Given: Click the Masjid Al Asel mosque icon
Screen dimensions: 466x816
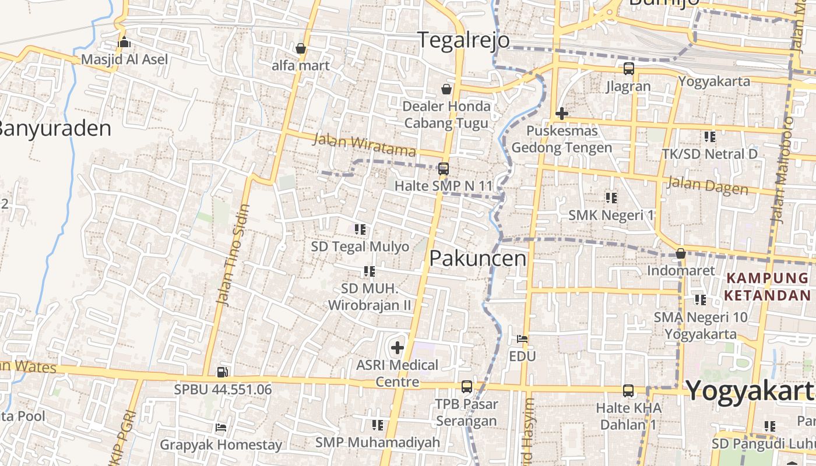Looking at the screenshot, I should tap(124, 42).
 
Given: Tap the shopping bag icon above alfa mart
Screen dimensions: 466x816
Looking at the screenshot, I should tap(301, 48).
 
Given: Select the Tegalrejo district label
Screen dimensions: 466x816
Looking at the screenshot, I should tap(464, 40).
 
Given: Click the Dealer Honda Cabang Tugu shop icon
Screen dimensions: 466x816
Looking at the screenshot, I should tap(446, 89).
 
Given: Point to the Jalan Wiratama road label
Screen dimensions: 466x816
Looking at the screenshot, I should tap(364, 145).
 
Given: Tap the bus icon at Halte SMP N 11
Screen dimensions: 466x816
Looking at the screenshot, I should tap(444, 169).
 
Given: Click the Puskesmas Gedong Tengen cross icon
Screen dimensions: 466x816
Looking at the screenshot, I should tap(562, 113).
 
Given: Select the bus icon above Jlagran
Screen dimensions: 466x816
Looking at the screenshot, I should tap(628, 69).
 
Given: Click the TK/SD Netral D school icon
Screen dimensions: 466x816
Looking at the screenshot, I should tap(709, 137).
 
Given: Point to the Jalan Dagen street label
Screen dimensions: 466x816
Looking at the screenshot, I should tap(708, 185).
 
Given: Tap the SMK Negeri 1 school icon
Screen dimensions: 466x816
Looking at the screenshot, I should tap(611, 198).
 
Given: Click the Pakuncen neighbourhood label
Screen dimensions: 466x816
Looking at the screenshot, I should tap(477, 259).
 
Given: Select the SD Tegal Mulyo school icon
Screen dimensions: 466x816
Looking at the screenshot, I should tap(360, 230).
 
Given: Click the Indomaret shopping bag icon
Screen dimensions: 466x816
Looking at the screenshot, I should tap(680, 254).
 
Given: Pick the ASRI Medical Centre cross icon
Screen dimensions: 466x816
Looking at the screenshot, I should tap(398, 348).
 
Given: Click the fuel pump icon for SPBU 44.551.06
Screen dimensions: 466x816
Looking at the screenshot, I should tap(222, 372).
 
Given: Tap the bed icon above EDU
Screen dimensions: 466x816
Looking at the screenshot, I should tap(522, 338).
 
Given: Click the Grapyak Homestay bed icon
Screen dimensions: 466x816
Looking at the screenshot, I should tap(220, 428).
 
